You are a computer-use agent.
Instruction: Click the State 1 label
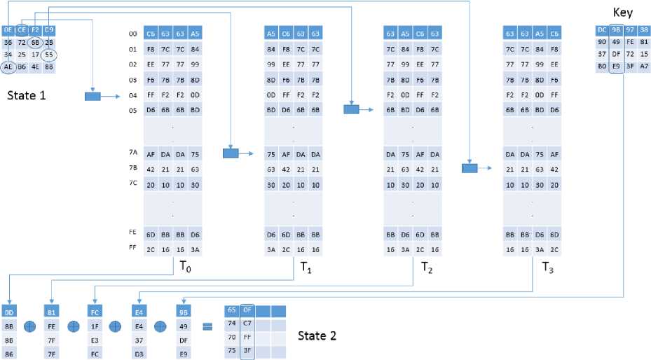point(27,95)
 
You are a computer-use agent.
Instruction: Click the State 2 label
point(317,335)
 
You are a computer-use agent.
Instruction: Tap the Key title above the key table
point(622,13)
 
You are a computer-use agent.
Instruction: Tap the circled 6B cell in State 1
point(35,42)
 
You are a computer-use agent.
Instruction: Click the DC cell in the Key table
point(602,29)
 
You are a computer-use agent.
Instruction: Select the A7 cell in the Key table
point(644,66)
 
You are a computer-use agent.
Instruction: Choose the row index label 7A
point(132,154)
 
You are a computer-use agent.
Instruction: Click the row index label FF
point(132,249)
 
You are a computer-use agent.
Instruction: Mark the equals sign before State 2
point(207,326)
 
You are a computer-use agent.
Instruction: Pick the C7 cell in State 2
point(247,323)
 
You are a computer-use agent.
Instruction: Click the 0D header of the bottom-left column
point(9,312)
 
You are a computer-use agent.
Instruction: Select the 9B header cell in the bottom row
point(184,312)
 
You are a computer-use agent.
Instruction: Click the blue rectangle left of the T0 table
point(92,96)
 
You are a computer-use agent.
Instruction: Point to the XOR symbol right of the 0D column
point(30,326)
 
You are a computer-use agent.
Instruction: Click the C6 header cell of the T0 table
point(151,33)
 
